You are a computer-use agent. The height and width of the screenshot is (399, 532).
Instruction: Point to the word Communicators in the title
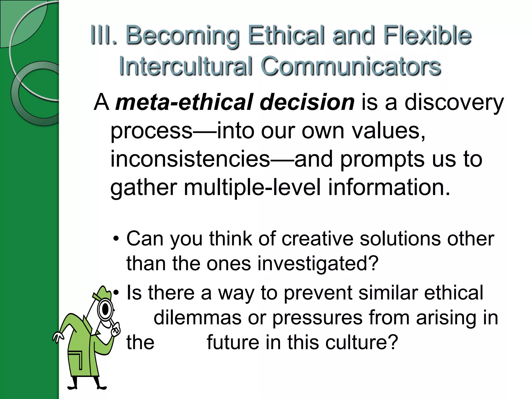[351, 66]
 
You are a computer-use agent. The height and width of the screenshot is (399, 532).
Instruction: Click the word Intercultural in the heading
[186, 66]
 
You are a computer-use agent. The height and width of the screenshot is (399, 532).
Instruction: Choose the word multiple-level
[252, 188]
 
